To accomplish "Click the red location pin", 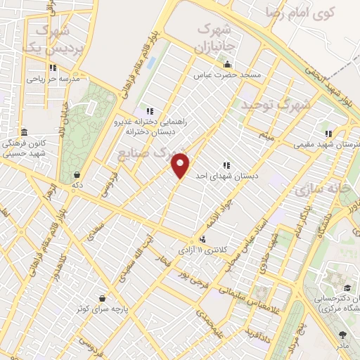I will coord(181,166).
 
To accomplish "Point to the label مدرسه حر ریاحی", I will coord(51,79).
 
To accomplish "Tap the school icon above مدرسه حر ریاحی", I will coord(52,68).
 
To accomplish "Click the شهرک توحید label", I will coord(275,105).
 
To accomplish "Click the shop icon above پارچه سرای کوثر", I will coord(103,298).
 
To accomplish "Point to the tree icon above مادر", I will coord(342,335).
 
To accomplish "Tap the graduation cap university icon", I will coord(347,288).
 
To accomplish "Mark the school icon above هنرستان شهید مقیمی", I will coord(327,133).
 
